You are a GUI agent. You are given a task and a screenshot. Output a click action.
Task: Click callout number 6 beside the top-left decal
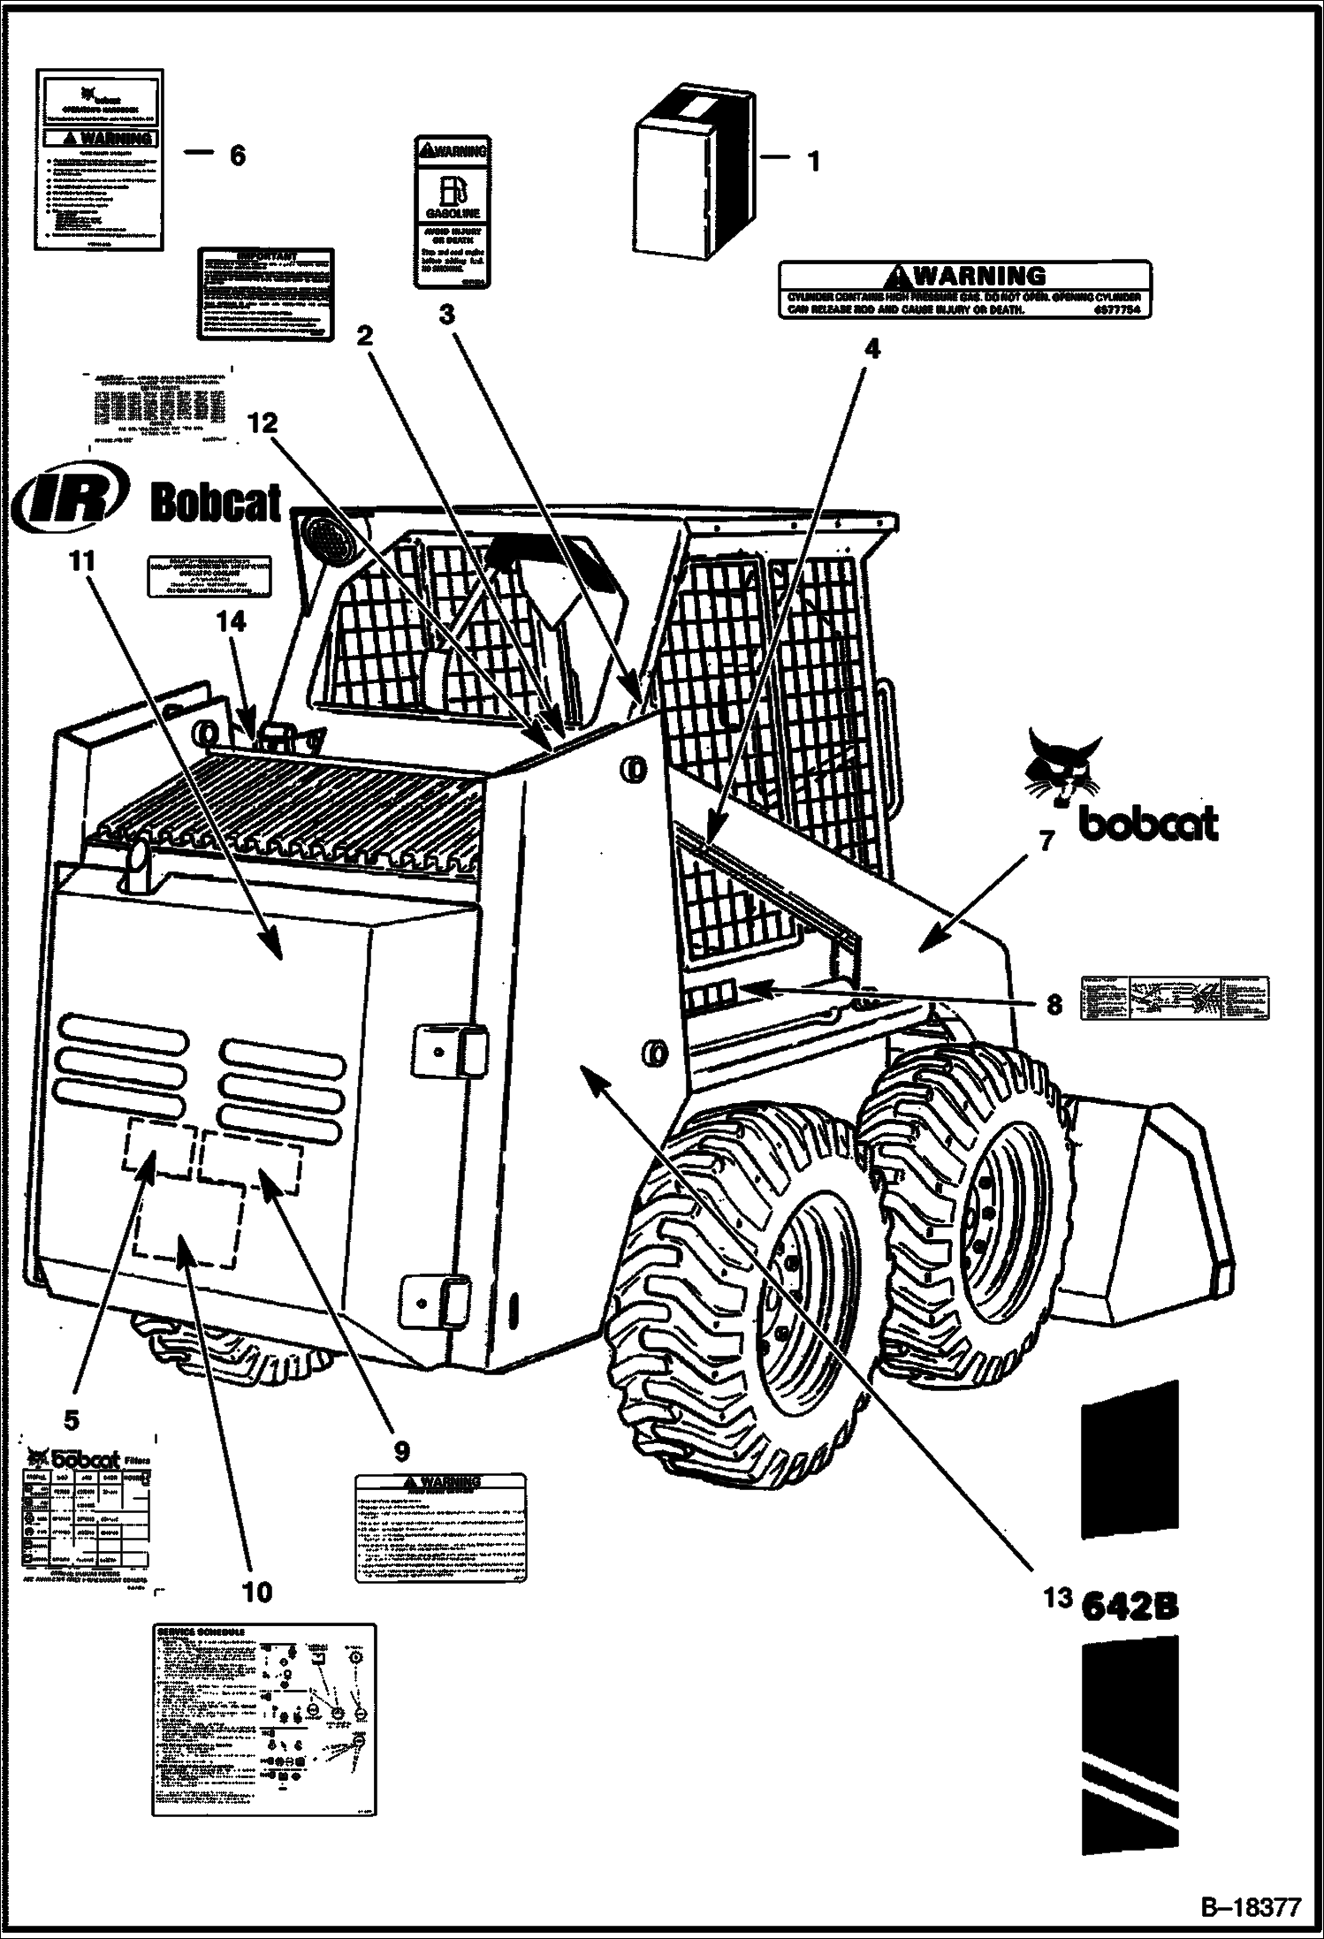236,156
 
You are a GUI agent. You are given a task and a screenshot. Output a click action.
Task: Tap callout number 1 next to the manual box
813,162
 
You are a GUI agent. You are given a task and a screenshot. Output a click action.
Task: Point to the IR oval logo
70,500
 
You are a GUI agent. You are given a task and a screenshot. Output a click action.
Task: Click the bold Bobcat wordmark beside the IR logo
217,502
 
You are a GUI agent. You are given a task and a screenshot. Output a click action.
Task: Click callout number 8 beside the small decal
1054,1004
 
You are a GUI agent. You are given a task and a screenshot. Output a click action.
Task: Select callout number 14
232,623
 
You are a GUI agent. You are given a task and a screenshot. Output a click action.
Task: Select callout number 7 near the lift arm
1046,841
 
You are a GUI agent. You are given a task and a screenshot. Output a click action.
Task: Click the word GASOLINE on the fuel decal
453,214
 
